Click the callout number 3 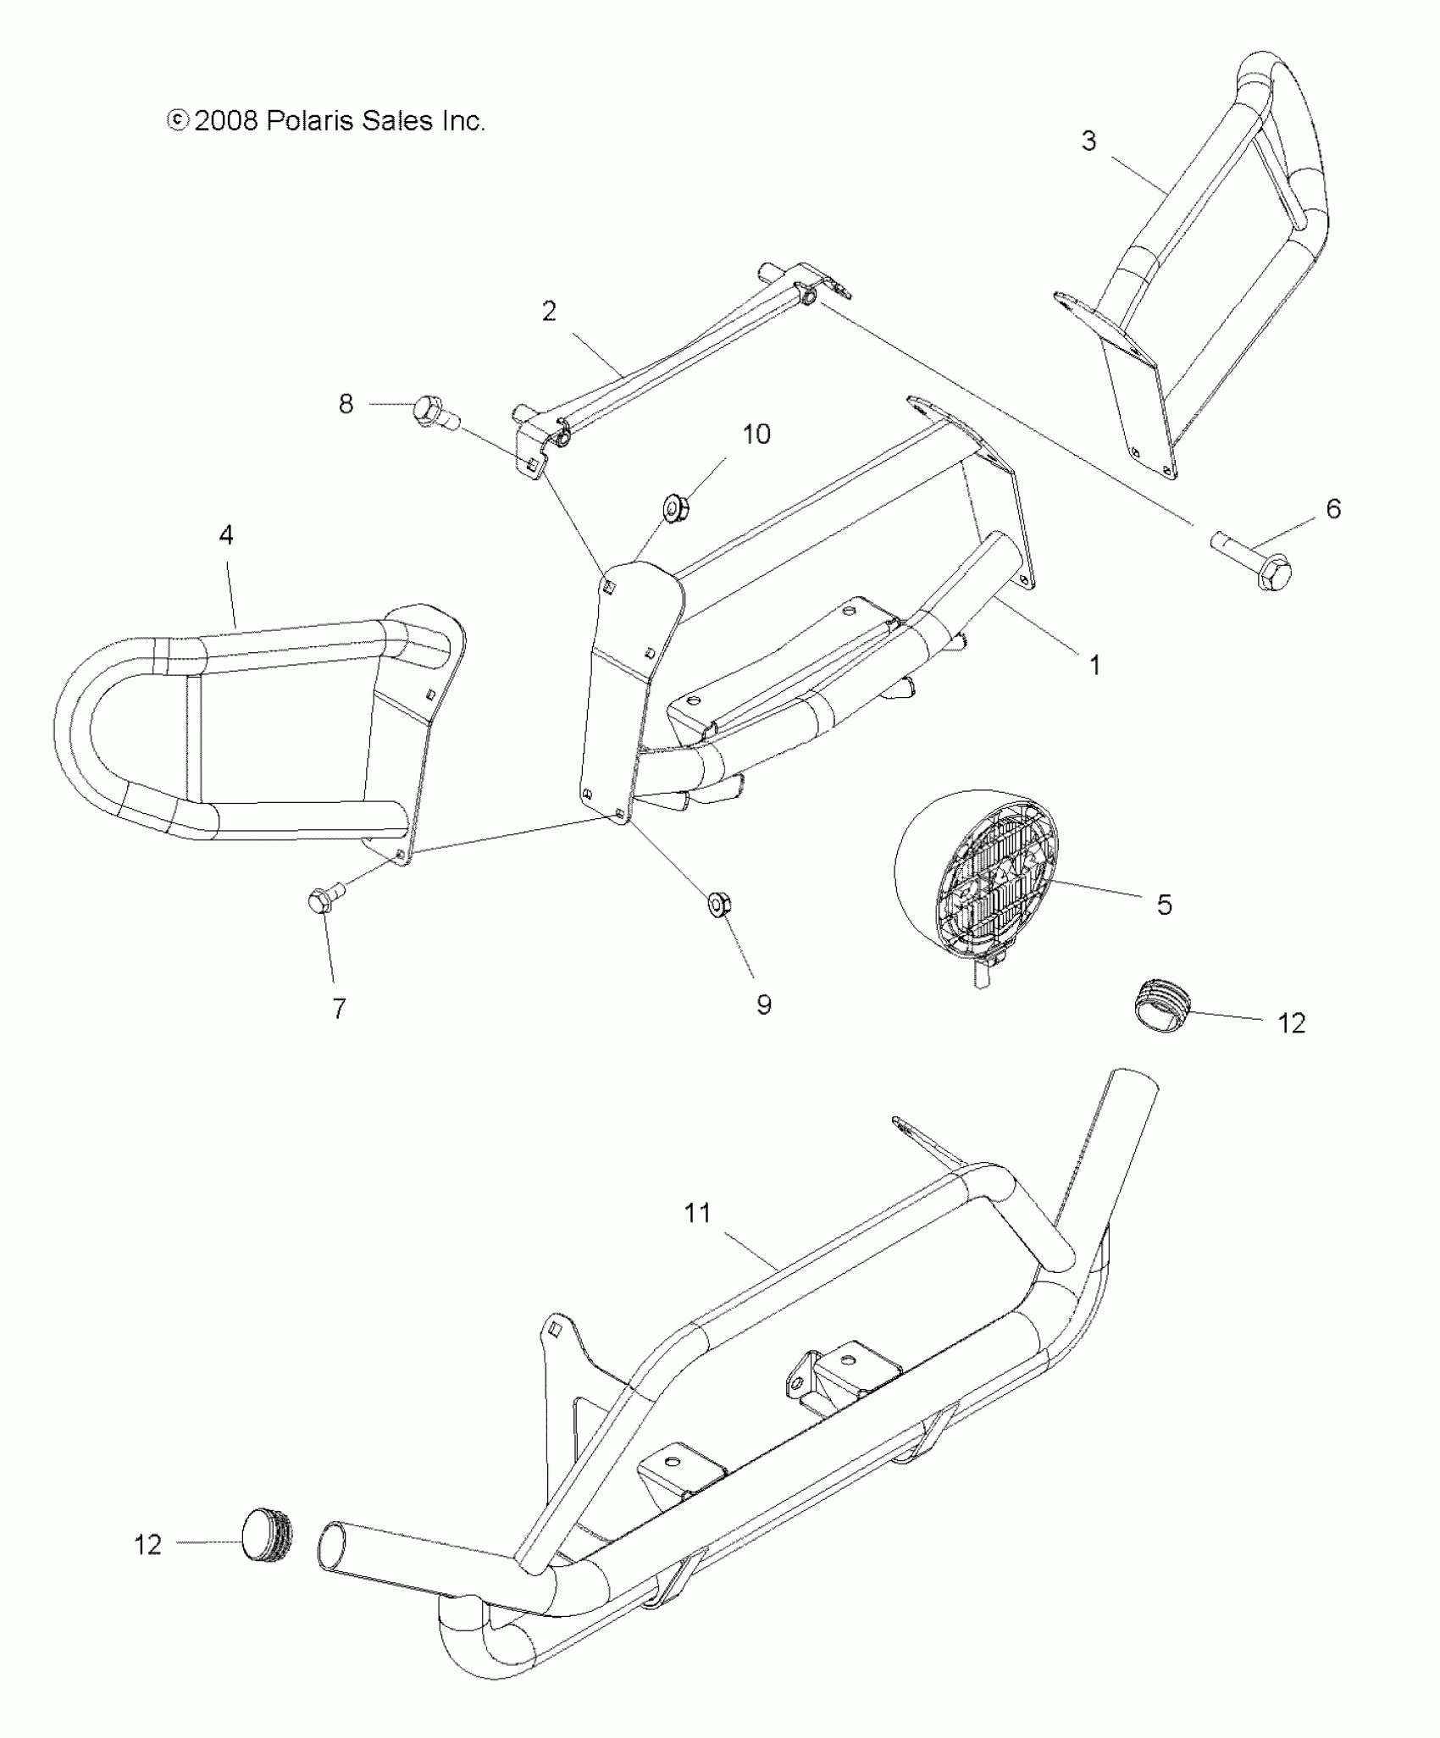tap(1088, 141)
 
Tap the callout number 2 tap(549, 312)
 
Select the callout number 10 tap(756, 434)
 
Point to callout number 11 tap(697, 1213)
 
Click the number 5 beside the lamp tap(1165, 905)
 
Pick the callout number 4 tap(226, 534)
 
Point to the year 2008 tap(225, 121)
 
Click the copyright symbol tap(177, 121)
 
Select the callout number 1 tap(1094, 665)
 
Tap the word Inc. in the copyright tap(462, 121)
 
